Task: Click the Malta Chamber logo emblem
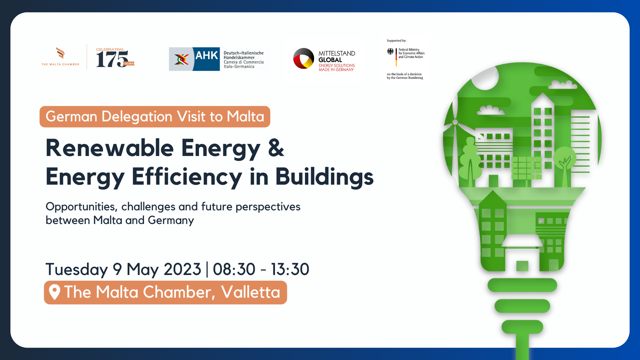coord(60,53)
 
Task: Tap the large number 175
coord(112,59)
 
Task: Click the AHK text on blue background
coord(207,55)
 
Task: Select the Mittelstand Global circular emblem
coord(304,58)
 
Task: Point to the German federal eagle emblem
coord(390,51)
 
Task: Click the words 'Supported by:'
coord(396,41)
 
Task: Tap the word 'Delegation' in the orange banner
coord(137,117)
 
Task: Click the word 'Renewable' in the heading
coord(110,148)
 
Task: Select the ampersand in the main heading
coord(276,148)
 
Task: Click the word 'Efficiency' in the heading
coord(187,177)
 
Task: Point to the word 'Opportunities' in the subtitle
coord(81,207)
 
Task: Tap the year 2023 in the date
coord(182,269)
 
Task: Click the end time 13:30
coord(290,269)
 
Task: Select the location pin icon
coord(55,292)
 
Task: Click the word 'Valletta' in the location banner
coord(251,292)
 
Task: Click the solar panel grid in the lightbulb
coord(526,168)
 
